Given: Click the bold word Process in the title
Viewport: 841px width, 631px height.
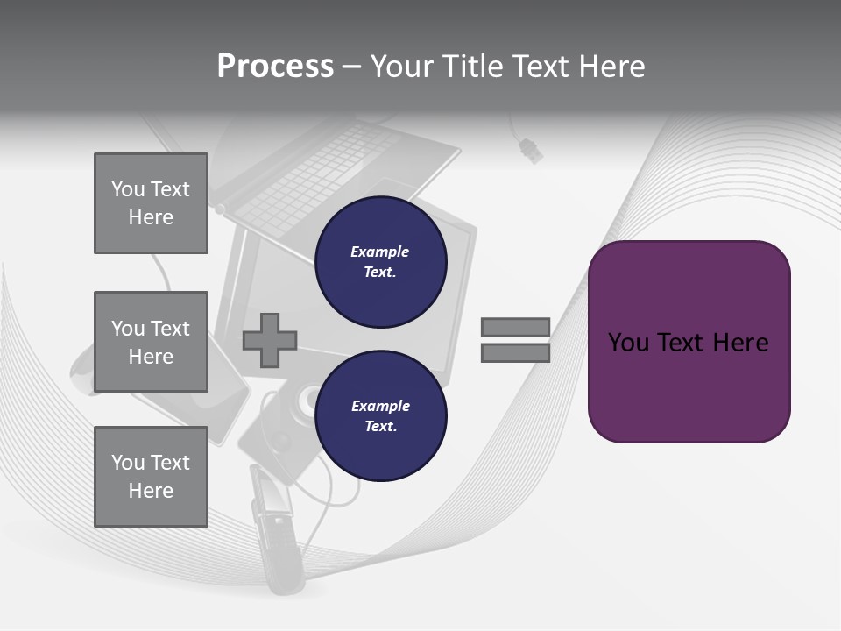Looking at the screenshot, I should click(x=275, y=67).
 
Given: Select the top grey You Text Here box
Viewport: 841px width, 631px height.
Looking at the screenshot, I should click(x=151, y=203).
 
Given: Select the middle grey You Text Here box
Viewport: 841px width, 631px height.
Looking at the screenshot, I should click(x=151, y=342).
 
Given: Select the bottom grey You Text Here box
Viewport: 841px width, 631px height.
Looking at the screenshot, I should click(x=151, y=476).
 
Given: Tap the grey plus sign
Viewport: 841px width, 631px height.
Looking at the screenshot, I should click(x=270, y=339).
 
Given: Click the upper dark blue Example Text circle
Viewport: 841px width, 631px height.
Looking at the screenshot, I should click(x=380, y=262).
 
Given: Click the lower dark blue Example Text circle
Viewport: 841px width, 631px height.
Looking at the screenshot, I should click(x=380, y=416).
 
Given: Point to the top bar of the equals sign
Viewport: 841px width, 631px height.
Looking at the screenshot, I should click(x=515, y=327).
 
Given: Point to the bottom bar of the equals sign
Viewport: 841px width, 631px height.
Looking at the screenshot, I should click(x=515, y=353).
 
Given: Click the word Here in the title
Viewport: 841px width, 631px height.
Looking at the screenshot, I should click(x=612, y=67).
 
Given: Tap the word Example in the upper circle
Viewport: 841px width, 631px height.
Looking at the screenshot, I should click(x=380, y=252).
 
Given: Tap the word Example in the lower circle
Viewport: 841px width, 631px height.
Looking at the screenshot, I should click(x=380, y=406).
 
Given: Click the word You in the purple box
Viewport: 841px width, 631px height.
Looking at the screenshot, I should click(x=628, y=343).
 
